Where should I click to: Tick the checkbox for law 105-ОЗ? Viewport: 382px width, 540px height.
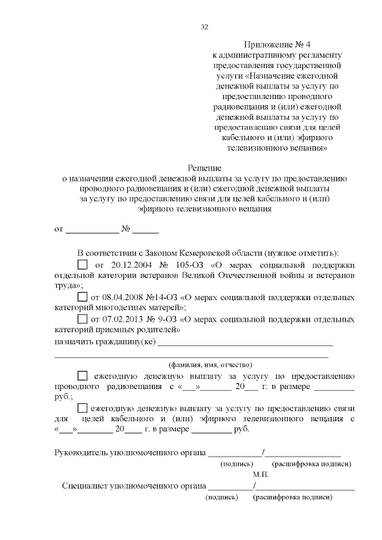[82, 264]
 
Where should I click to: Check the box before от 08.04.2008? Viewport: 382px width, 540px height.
[82, 297]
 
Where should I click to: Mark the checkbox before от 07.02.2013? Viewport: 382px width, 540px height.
[82, 318]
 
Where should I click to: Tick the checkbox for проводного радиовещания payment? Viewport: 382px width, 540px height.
[82, 377]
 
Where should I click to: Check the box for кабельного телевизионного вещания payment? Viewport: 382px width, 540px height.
[82, 409]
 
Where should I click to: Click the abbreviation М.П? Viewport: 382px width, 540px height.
[261, 474]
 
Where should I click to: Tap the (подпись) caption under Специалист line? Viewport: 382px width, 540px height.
[222, 496]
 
